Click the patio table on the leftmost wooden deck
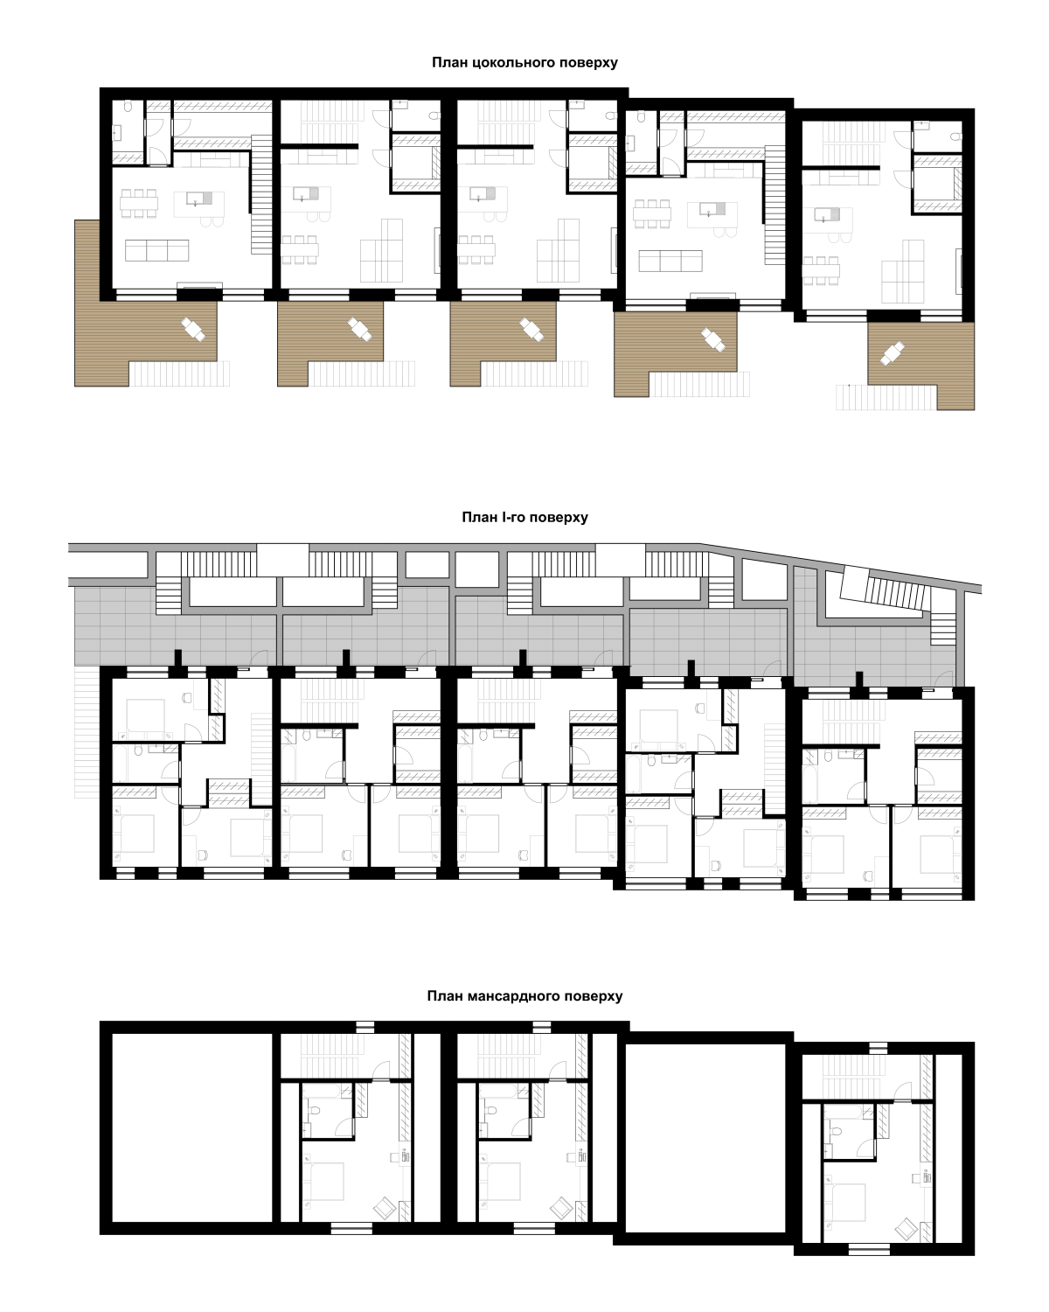[194, 329]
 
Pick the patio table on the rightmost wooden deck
[892, 353]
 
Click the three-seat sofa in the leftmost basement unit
[156, 250]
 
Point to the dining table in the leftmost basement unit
[138, 203]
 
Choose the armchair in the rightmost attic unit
[907, 1229]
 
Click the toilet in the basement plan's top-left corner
[128, 107]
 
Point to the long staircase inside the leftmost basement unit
[261, 194]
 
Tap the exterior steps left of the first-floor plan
[87, 732]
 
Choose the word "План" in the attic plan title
[446, 996]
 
